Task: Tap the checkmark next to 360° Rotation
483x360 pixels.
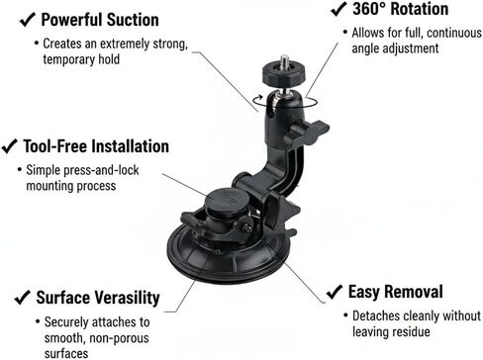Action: [x=337, y=10]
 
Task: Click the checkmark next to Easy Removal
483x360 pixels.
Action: [x=333, y=292]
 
